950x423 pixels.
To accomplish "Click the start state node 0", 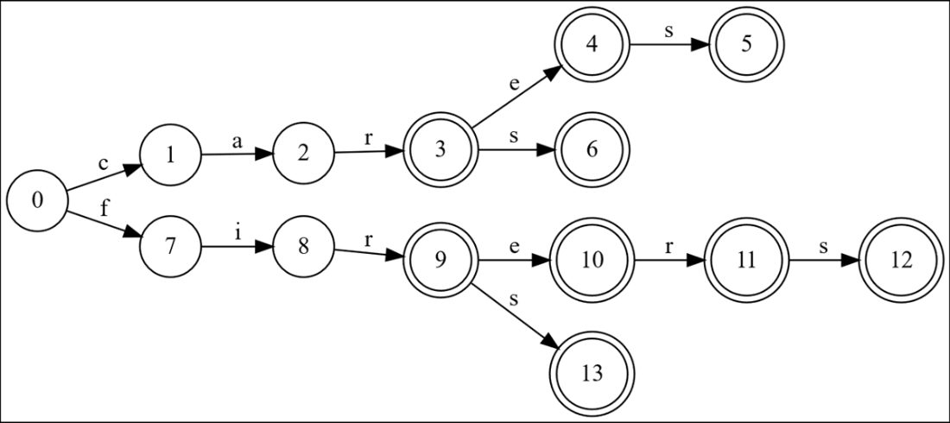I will (37, 200).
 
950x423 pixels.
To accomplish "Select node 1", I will (170, 155).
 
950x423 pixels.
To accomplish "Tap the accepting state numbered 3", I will (440, 150).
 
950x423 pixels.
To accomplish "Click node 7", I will (170, 246).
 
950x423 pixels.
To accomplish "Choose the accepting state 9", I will (440, 259).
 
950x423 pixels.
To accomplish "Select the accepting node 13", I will (592, 374).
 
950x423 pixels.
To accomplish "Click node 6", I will (592, 150).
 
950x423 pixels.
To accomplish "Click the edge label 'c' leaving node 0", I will (104, 163).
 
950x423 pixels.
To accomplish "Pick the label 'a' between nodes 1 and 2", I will (237, 141).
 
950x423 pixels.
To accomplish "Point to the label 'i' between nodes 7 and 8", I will (237, 233).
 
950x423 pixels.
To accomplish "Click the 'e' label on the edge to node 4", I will (516, 85).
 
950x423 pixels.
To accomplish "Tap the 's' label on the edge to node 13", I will (515, 299).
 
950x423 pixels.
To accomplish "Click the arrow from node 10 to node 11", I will (669, 259).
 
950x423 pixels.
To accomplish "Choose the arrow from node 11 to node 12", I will (820, 259).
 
